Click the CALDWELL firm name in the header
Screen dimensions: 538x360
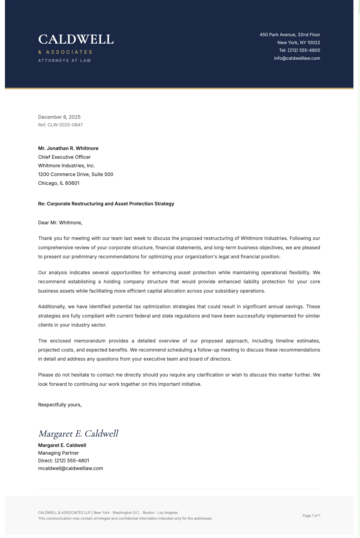76,39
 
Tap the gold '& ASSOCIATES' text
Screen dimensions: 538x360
65,52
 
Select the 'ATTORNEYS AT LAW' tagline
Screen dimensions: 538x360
64,61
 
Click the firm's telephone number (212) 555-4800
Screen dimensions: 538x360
304,50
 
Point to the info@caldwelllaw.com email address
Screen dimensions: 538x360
297,58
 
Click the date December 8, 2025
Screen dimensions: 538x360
59,117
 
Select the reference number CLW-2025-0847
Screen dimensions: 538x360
65,125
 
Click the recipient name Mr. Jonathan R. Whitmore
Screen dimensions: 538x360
68,148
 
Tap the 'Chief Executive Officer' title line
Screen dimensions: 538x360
64,157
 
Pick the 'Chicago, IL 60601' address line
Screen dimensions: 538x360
59,183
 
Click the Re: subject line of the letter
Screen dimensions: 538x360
106,204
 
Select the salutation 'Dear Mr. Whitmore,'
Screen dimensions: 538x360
60,223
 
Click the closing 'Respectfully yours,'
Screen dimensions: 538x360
60,405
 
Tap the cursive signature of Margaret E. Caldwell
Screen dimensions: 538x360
78,434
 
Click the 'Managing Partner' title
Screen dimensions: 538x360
58,453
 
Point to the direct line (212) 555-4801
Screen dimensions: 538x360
72,461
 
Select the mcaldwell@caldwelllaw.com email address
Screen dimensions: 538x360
71,468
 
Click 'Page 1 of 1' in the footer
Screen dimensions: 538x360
311,516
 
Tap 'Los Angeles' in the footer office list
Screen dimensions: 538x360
168,512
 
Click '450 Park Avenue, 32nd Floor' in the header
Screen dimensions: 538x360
290,35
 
